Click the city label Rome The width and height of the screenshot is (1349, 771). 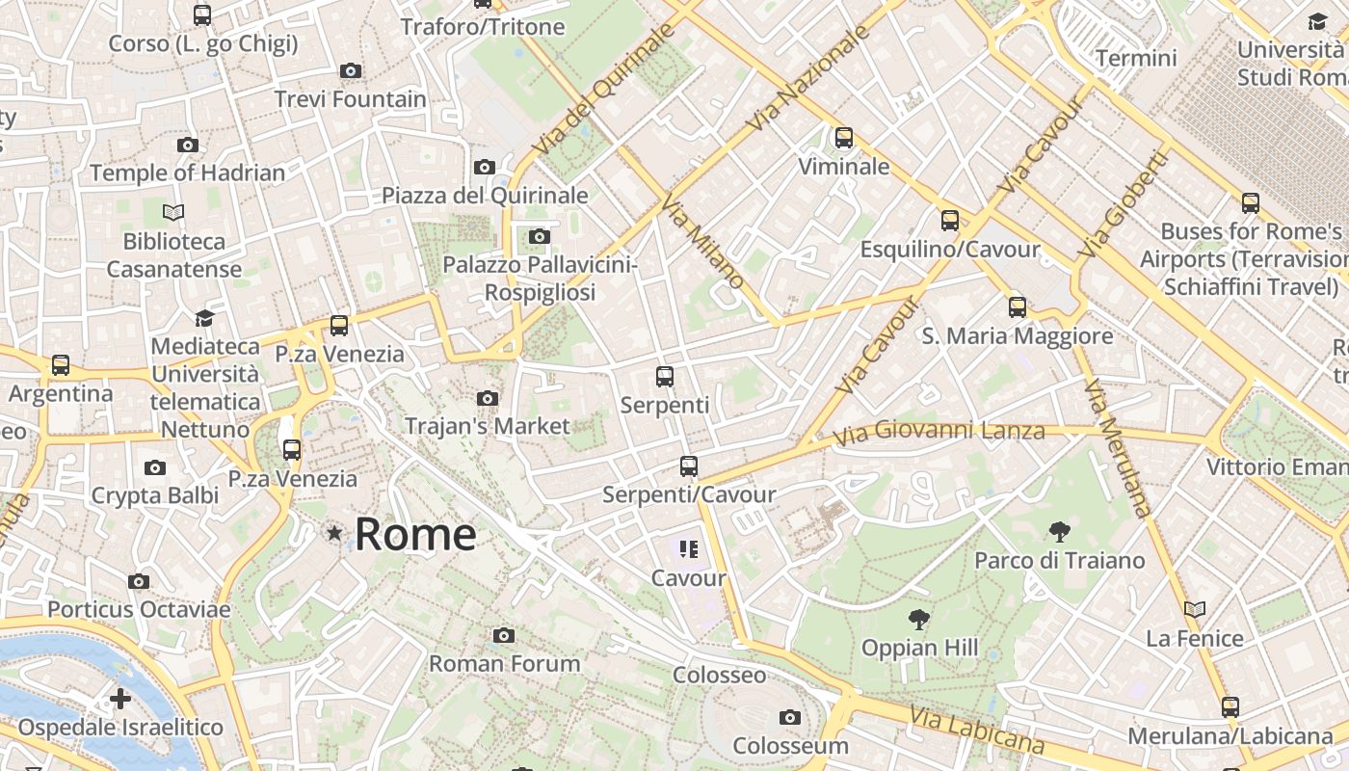[x=415, y=534]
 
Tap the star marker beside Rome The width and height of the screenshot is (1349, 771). [x=334, y=533]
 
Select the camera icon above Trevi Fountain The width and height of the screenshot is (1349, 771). [x=351, y=70]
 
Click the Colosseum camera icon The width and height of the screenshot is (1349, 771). [x=790, y=717]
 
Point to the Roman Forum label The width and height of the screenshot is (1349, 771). [x=504, y=663]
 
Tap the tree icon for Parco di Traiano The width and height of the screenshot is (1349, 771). [x=1059, y=531]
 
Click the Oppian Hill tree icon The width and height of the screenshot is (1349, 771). [x=919, y=619]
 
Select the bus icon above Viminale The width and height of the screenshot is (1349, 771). [x=844, y=138]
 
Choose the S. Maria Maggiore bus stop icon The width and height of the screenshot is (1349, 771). [x=1018, y=307]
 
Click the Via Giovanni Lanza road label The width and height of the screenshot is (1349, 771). [x=939, y=432]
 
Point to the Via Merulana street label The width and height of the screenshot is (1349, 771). [x=1117, y=448]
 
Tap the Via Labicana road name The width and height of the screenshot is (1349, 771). [x=976, y=730]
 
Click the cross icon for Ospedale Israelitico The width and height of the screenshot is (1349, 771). [x=120, y=698]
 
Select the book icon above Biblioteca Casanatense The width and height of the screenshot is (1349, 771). [x=173, y=212]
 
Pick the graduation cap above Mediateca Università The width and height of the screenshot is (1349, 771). [x=204, y=318]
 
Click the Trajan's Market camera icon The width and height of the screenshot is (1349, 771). [x=488, y=398]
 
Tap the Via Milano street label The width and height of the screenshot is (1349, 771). [x=702, y=241]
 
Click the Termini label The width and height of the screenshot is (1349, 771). [x=1136, y=58]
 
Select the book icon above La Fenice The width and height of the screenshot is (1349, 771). [x=1195, y=609]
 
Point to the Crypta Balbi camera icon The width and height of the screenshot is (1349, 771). [x=154, y=468]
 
